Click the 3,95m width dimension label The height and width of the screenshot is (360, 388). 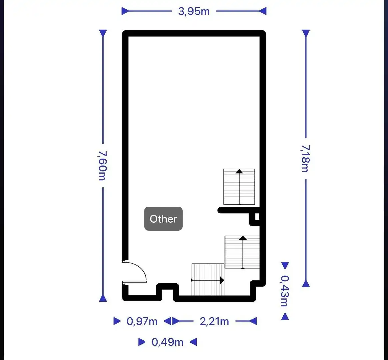click(x=194, y=11)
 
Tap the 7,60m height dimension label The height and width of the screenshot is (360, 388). click(x=102, y=165)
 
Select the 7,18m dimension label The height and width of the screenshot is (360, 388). click(x=305, y=158)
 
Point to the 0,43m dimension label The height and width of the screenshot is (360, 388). click(x=285, y=291)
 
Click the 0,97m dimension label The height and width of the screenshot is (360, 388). click(x=142, y=321)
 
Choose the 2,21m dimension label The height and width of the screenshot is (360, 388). click(x=214, y=321)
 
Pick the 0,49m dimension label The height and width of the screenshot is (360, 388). click(x=167, y=342)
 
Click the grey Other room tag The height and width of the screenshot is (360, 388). click(x=163, y=219)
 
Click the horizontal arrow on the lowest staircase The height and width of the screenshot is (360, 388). click(x=208, y=280)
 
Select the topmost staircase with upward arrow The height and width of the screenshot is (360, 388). click(x=239, y=187)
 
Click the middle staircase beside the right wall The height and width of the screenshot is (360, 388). click(x=242, y=252)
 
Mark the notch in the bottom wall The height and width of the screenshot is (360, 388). click(x=168, y=290)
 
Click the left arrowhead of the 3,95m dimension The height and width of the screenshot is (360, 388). click(x=125, y=11)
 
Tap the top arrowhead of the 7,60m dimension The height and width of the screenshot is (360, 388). click(x=103, y=33)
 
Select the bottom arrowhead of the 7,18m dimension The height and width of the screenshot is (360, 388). click(x=306, y=284)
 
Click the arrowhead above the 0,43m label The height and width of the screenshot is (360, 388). click(x=285, y=265)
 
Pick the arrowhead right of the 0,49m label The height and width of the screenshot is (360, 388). click(x=193, y=342)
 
